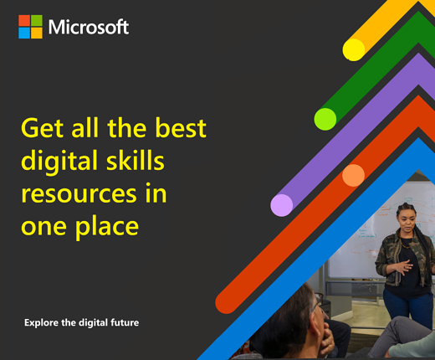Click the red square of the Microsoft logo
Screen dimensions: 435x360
tap(24, 20)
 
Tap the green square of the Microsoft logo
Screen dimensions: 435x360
tap(37, 20)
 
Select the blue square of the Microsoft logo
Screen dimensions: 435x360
tap(24, 33)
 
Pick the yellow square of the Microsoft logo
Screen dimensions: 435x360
tap(37, 33)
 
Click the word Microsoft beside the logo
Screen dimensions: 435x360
tap(89, 27)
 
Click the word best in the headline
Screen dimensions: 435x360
tap(181, 127)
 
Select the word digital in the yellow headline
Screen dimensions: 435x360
tap(59, 162)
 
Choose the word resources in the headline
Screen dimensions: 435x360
tap(79, 194)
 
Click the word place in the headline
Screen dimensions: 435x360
tap(107, 227)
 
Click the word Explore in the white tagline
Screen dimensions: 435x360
tap(41, 322)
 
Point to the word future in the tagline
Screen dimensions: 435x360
tap(125, 322)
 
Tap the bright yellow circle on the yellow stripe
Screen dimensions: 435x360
tap(354, 49)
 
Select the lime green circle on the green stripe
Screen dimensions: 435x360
tap(325, 119)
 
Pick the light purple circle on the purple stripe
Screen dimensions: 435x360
tap(282, 205)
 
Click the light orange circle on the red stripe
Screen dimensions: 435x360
tap(353, 175)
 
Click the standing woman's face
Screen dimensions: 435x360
tap(407, 221)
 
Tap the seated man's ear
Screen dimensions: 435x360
tap(317, 326)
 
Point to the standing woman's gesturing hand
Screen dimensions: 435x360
tap(403, 266)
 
